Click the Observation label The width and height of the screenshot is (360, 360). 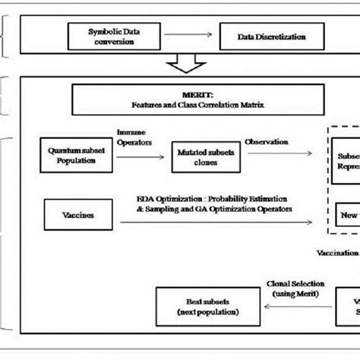269,141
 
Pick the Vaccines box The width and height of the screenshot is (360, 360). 80,215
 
